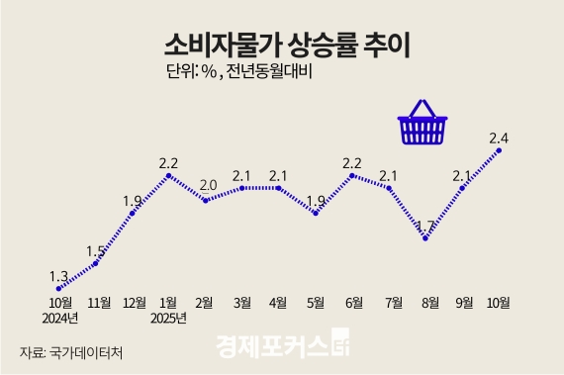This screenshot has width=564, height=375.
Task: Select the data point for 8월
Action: pos(425,238)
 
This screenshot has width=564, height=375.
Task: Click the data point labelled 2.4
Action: pos(499,150)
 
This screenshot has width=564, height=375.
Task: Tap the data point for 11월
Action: pos(96,263)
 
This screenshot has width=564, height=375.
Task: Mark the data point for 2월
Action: pos(206,200)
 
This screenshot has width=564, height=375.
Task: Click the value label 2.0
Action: pos(208,184)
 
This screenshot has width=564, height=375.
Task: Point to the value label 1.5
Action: pos(96,249)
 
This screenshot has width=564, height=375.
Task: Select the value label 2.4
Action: pos(499,136)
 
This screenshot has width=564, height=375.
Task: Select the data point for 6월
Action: pos(352,175)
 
